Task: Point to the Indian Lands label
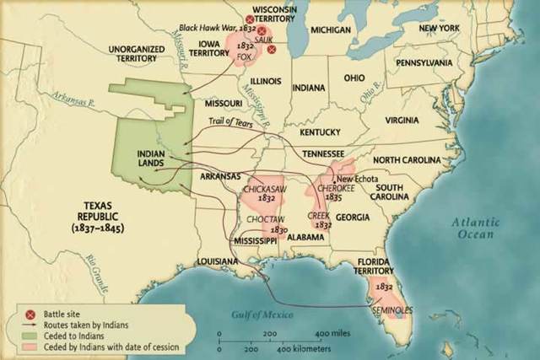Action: coord(151,159)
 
